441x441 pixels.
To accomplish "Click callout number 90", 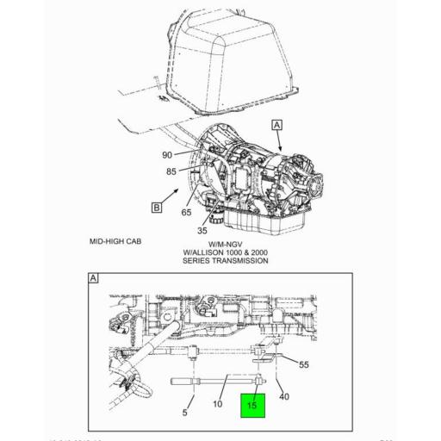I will pos(167,155).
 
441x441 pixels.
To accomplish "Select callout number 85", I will pos(172,171).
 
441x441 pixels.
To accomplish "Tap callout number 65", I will pos(186,212).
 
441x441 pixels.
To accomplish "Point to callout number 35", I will pos(202,230).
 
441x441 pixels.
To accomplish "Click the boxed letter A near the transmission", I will pos(277,125).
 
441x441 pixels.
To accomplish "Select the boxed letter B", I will pos(157,208).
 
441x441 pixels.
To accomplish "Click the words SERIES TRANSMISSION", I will pos(225,261).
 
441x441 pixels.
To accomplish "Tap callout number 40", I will pos(284,396).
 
